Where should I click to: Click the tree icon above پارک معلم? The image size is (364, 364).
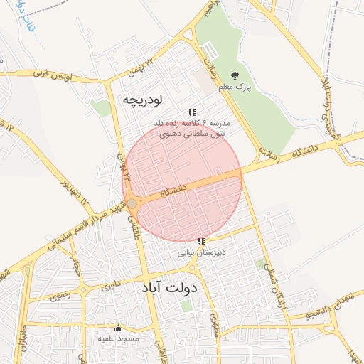tap(235, 75)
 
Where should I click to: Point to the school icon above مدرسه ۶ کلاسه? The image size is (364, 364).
tap(192, 112)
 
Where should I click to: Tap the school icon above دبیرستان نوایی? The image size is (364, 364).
tap(201, 242)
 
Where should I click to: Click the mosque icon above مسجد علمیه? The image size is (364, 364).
tap(118, 328)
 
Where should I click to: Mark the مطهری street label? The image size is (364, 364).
tap(215, 325)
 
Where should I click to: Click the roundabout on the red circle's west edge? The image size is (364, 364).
tap(132, 205)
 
